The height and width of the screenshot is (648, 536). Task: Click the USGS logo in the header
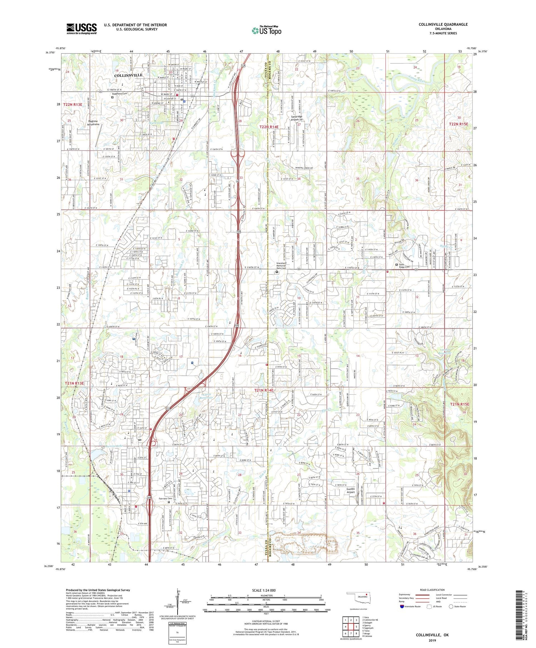pyautogui.click(x=81, y=29)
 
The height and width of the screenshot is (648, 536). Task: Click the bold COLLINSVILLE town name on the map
pyautogui.click(x=128, y=75)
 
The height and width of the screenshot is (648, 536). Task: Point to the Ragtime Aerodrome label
pyautogui.click(x=93, y=123)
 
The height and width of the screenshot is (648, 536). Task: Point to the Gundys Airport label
pyautogui.click(x=351, y=490)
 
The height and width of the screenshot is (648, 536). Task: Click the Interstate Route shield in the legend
pyautogui.click(x=402, y=607)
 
